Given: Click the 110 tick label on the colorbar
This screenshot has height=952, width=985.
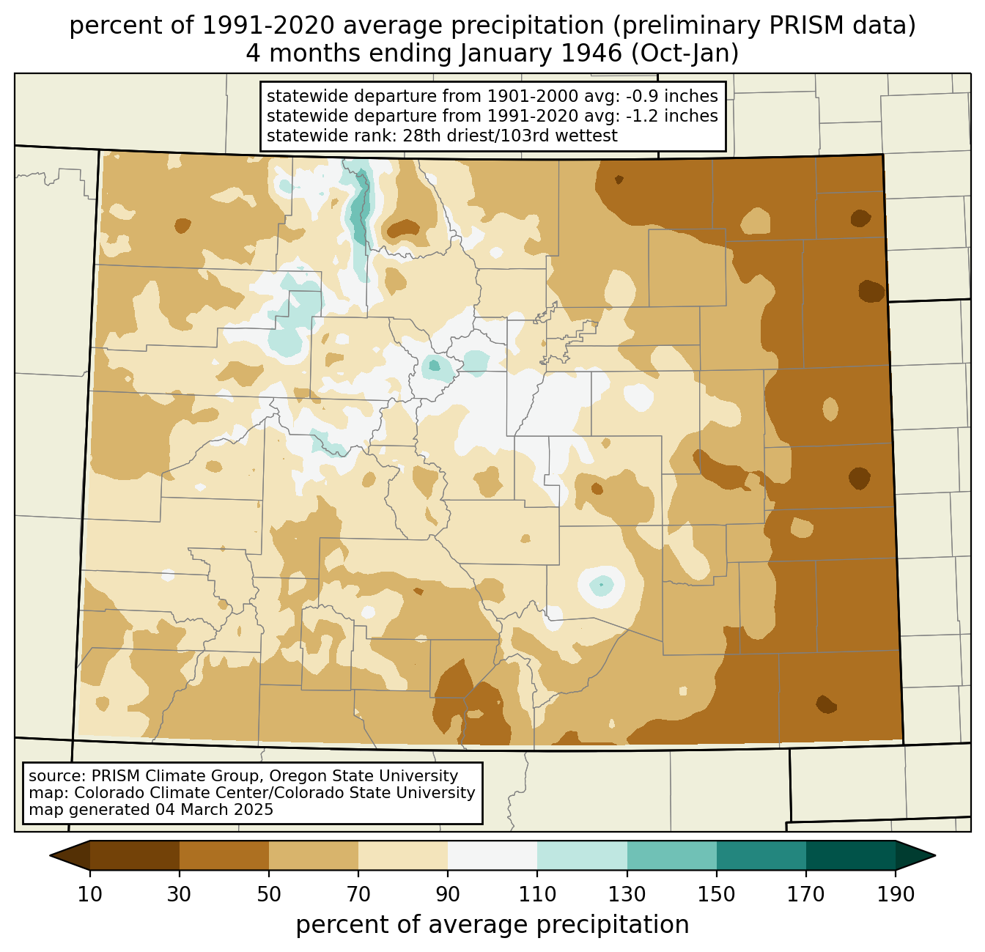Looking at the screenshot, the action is (537, 894).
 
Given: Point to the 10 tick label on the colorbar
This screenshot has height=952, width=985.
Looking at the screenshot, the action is (89, 894).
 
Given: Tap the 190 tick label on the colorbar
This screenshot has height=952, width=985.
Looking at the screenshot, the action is (896, 894).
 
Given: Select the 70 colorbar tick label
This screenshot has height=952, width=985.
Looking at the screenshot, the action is (358, 894).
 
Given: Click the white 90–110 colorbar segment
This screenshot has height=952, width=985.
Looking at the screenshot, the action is (492, 855).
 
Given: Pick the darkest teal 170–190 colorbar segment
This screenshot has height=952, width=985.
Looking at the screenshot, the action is (851, 855).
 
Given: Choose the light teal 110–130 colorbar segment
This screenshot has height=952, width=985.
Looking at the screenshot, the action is (582, 855).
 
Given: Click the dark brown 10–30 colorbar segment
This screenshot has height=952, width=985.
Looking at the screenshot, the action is (135, 855).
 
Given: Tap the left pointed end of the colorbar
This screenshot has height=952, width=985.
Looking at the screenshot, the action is (51, 855).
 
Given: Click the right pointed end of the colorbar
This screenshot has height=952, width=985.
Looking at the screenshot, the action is (934, 855).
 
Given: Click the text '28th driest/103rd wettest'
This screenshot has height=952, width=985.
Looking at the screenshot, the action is (510, 136).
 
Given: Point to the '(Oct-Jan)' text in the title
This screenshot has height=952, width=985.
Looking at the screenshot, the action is (685, 53).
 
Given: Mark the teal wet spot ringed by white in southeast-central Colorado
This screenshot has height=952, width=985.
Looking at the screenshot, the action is (601, 586).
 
